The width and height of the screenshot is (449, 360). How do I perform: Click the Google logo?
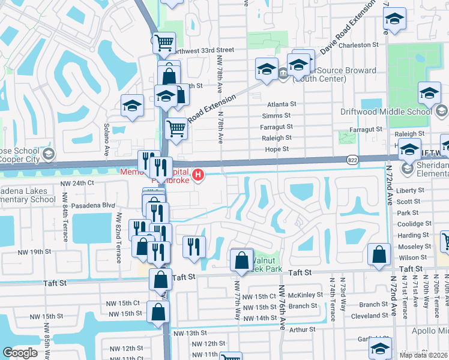[20, 352]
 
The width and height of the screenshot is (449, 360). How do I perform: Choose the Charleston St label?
[359, 45]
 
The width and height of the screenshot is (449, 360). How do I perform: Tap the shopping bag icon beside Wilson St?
[380, 254]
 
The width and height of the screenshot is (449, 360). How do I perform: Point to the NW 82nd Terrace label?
[119, 237]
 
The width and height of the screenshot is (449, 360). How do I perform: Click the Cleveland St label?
[370, 316]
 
